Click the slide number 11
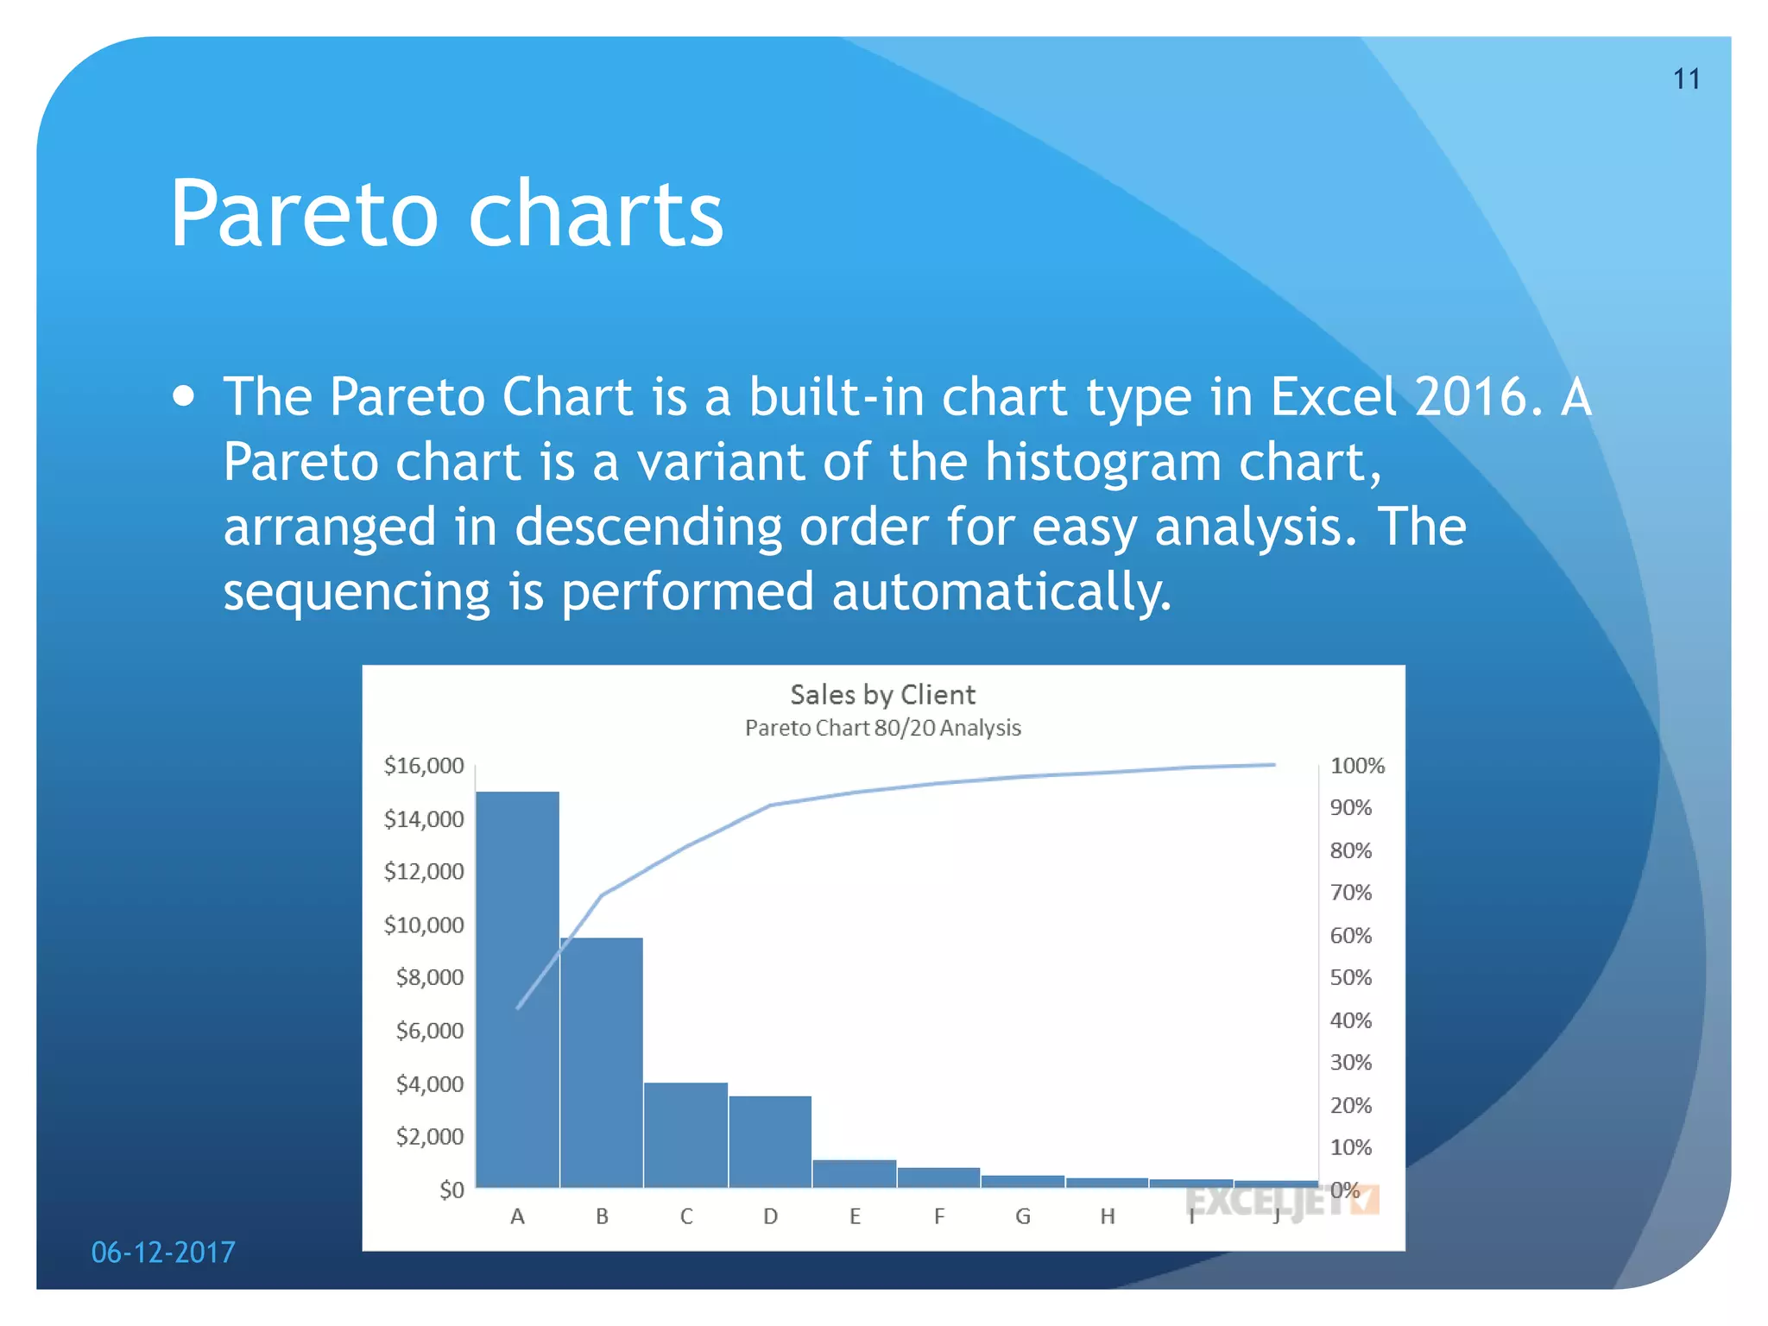click(1686, 79)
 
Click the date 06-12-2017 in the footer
click(163, 1252)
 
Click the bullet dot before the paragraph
click(183, 396)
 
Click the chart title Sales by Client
click(882, 695)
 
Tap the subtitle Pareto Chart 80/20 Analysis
click(882, 728)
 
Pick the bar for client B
click(602, 1062)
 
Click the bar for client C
click(685, 1135)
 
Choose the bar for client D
click(770, 1141)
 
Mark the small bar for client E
click(854, 1173)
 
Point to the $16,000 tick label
click(424, 766)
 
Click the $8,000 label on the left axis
click(429, 977)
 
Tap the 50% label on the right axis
click(1350, 977)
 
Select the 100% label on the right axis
click(1356, 766)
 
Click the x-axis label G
click(1023, 1216)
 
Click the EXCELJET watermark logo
click(1282, 1201)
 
